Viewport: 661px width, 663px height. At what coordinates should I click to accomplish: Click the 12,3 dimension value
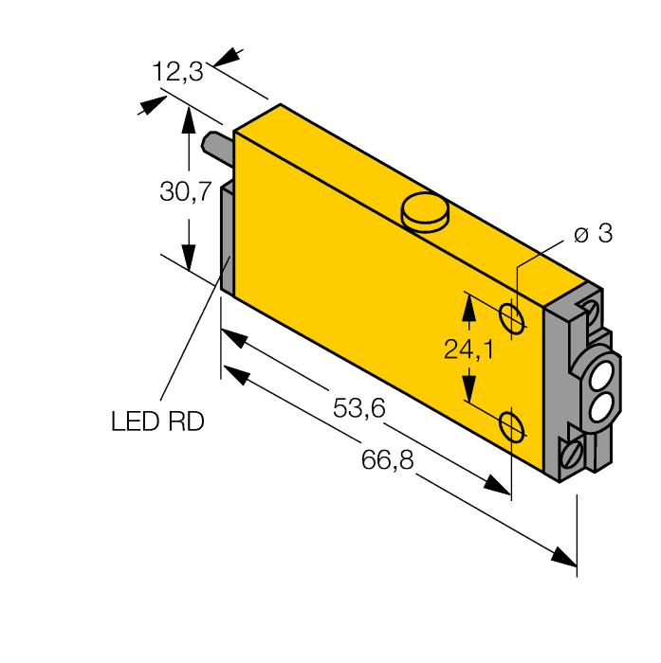tap(177, 71)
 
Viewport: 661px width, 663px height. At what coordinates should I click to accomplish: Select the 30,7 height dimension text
tap(185, 192)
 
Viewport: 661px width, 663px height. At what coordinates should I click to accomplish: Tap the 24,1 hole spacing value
tap(468, 350)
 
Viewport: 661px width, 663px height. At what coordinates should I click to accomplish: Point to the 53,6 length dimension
tap(358, 408)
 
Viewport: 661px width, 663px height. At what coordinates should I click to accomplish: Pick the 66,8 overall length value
tap(388, 461)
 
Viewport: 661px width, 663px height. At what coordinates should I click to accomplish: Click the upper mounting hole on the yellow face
tap(511, 317)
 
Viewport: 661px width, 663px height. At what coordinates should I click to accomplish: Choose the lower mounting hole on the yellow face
tap(511, 426)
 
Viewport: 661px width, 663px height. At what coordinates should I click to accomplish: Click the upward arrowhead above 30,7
tap(189, 118)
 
